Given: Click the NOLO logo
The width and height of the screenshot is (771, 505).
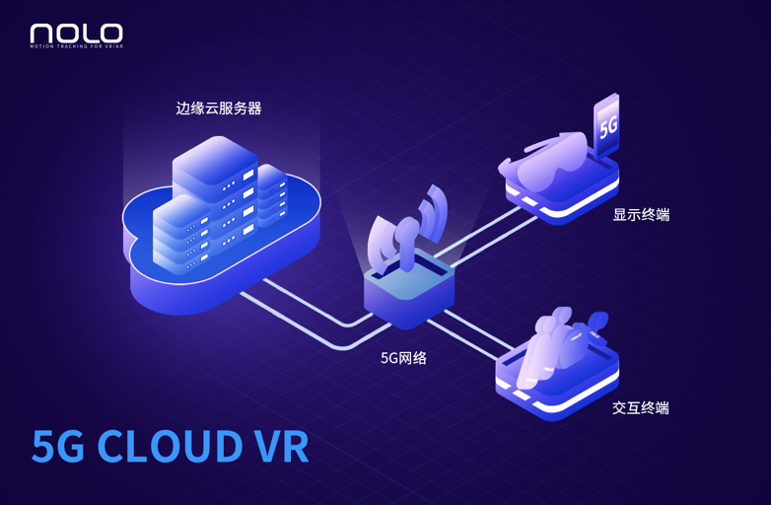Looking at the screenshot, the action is point(76,34).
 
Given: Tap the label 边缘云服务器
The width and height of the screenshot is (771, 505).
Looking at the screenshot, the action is point(219,108).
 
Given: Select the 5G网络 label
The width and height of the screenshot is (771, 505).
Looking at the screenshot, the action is point(403,358).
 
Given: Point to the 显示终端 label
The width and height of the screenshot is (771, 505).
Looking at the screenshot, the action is point(641,215).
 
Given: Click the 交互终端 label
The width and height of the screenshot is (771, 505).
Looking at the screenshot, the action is point(641,407).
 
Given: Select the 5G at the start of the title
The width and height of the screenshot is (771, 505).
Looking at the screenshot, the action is point(57,446).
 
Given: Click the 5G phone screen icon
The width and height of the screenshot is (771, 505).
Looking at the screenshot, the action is point(606,125).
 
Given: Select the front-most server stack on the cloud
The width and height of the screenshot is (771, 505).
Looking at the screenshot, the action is point(182,235).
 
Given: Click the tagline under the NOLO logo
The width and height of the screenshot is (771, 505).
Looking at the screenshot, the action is point(76,46).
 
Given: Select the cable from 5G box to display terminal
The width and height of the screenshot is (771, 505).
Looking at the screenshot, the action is point(487,236).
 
